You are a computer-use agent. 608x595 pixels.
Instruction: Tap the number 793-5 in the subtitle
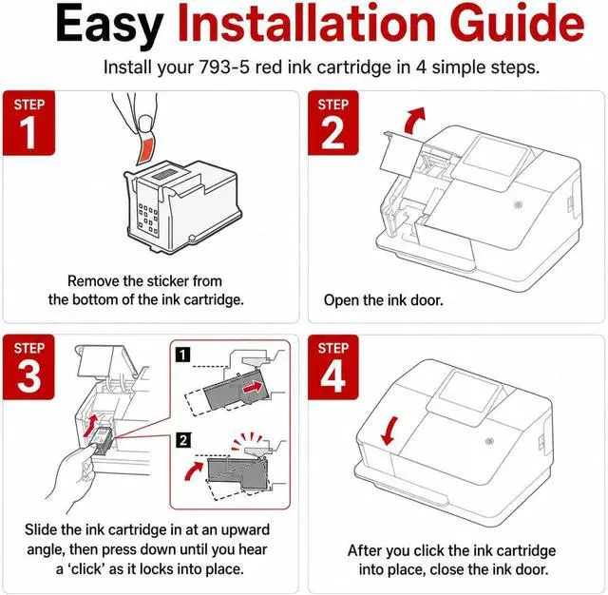pos(224,67)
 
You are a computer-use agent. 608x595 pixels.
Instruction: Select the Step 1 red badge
pos(29,123)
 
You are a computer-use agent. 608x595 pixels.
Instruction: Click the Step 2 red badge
pos(333,123)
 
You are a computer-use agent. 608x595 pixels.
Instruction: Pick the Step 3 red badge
pos(28,367)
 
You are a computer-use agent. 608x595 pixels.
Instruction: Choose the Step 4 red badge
pos(333,367)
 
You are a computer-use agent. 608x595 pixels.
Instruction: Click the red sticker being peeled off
pos(145,149)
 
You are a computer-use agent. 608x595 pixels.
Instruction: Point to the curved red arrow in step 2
pos(413,121)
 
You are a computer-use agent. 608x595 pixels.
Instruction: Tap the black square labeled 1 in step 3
pos(182,355)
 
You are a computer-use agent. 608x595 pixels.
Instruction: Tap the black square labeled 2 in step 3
pos(182,440)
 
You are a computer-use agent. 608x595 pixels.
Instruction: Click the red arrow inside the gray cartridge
pos(253,387)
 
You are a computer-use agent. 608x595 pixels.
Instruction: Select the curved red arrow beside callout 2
pos(193,470)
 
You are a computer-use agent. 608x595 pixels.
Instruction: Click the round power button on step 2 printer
pos(518,204)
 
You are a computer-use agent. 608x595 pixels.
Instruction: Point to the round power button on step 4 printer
pos(490,441)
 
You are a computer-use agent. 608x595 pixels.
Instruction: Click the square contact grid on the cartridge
pos(148,219)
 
